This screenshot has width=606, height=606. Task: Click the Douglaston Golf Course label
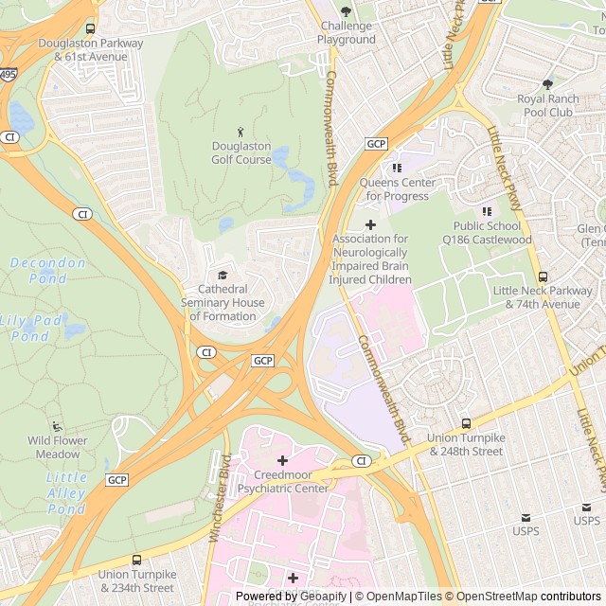click(241, 153)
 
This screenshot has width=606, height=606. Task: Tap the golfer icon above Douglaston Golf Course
click(241, 132)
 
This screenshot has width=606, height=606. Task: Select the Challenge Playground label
click(347, 33)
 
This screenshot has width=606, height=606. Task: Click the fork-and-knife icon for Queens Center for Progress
click(397, 168)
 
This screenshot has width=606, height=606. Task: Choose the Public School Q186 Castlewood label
click(487, 233)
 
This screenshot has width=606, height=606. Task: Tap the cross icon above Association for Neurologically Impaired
click(370, 224)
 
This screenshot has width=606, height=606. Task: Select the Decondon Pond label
click(47, 271)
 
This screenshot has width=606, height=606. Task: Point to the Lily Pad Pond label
click(30, 329)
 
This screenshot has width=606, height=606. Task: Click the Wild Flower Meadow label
click(57, 447)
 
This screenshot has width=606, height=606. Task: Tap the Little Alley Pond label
click(66, 493)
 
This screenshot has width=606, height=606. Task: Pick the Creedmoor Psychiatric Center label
click(282, 482)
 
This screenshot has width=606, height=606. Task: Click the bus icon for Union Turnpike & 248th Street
click(466, 423)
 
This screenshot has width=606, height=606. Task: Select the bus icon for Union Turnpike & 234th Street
click(136, 560)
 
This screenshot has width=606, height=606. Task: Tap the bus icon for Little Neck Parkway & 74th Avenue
click(543, 276)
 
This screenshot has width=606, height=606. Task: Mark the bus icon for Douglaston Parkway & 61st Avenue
click(90, 29)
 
